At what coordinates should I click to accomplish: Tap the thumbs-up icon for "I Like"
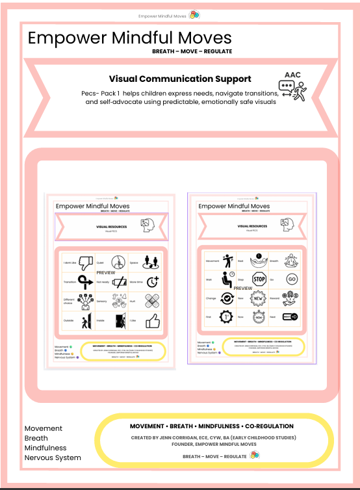pyautogui.click(x=153, y=321)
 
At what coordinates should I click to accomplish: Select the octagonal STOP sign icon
pyautogui.click(x=259, y=279)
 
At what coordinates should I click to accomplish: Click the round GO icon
pyautogui.click(x=291, y=279)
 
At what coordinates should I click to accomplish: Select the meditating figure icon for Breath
pyautogui.click(x=292, y=261)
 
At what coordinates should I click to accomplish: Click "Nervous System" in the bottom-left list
pyautogui.click(x=53, y=458)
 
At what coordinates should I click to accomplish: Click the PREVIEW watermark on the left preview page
pyautogui.click(x=105, y=272)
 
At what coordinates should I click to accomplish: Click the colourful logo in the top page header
pyautogui.click(x=194, y=15)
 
